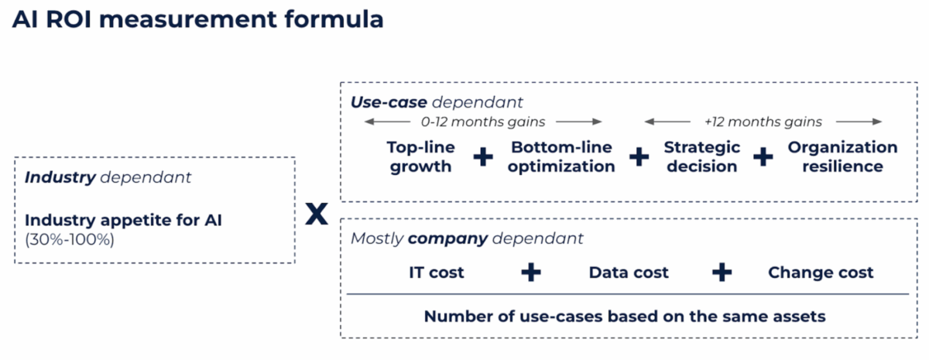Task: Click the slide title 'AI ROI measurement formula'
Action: click(198, 19)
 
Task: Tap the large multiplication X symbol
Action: click(316, 214)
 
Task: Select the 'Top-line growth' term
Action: click(420, 156)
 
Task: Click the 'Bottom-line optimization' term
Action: click(562, 156)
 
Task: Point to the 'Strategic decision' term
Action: click(701, 156)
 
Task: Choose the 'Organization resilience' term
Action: click(842, 156)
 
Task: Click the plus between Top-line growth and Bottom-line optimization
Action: click(483, 157)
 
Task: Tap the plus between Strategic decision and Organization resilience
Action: click(763, 157)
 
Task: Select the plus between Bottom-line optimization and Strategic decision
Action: click(639, 157)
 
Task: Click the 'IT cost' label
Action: click(437, 273)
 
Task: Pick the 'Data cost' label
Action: click(629, 273)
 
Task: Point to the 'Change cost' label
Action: click(821, 273)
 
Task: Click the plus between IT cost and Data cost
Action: click(530, 273)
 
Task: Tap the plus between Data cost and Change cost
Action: click(722, 273)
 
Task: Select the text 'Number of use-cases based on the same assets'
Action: click(625, 316)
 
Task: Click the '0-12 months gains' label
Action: click(483, 122)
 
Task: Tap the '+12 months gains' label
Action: click(763, 122)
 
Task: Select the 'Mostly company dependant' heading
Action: click(467, 238)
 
